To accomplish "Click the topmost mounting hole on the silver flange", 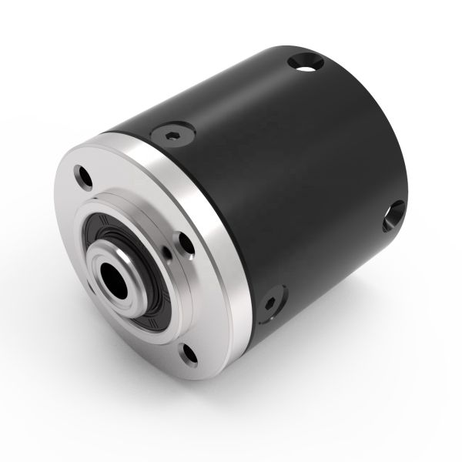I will tap(84, 176).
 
